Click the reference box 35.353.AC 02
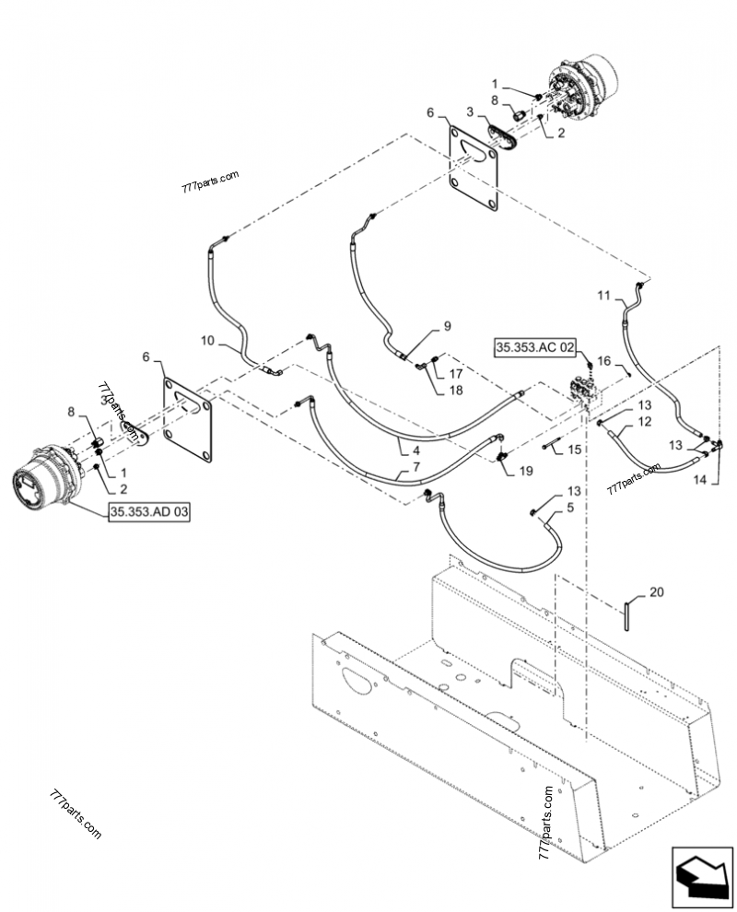534,348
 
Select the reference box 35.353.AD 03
149,512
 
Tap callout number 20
656,592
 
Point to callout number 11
603,296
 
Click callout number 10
207,340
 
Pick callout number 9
447,326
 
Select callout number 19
525,471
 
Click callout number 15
574,450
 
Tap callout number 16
603,361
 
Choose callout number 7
415,467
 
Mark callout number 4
415,450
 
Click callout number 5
570,508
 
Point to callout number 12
645,421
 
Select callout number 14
699,479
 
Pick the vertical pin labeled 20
627,615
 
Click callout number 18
455,390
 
